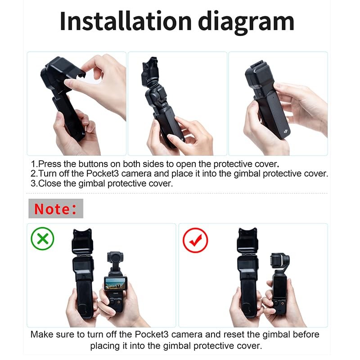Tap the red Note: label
(x=55, y=209)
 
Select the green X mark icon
(x=42, y=238)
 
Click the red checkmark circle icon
(x=195, y=240)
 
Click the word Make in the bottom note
(x=42, y=335)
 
